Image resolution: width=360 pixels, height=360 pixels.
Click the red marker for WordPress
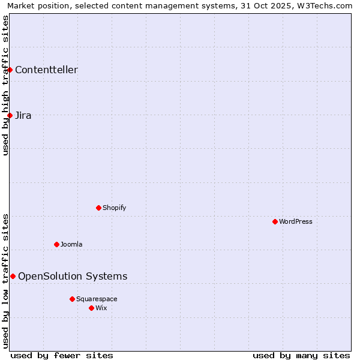pyautogui.click(x=275, y=221)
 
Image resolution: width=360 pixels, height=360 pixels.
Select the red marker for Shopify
pyautogui.click(x=98, y=208)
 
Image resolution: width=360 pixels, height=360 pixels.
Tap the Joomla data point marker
pyautogui.click(x=56, y=244)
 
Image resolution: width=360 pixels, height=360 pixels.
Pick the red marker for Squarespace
pyautogui.click(x=72, y=299)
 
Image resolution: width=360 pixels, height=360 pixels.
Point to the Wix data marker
pyautogui.click(x=91, y=308)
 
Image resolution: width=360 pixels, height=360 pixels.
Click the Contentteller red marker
pyautogui.click(x=10, y=70)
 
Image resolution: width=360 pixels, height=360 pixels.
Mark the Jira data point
pyautogui.click(x=10, y=115)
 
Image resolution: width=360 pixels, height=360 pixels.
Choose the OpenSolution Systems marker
pyautogui.click(x=13, y=276)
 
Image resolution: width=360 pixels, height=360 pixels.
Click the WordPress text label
pyautogui.click(x=296, y=221)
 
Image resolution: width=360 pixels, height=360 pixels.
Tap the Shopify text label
pyautogui.click(x=114, y=208)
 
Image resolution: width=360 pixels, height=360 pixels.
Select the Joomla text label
pyautogui.click(x=71, y=244)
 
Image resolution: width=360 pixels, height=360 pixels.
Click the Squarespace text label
pyautogui.click(x=97, y=299)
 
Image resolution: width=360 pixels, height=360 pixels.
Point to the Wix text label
pyautogui.click(x=101, y=308)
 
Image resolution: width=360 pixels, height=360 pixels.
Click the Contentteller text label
pyautogui.click(x=46, y=70)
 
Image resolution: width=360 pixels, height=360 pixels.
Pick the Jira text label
pyautogui.click(x=23, y=115)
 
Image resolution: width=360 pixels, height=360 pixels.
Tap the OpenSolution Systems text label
pyautogui.click(x=73, y=276)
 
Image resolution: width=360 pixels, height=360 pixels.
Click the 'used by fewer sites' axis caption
pyautogui.click(x=62, y=355)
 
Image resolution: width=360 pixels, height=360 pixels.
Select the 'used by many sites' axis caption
pyautogui.click(x=301, y=355)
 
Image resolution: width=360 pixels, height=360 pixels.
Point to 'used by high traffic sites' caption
pyautogui.click(x=5, y=85)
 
